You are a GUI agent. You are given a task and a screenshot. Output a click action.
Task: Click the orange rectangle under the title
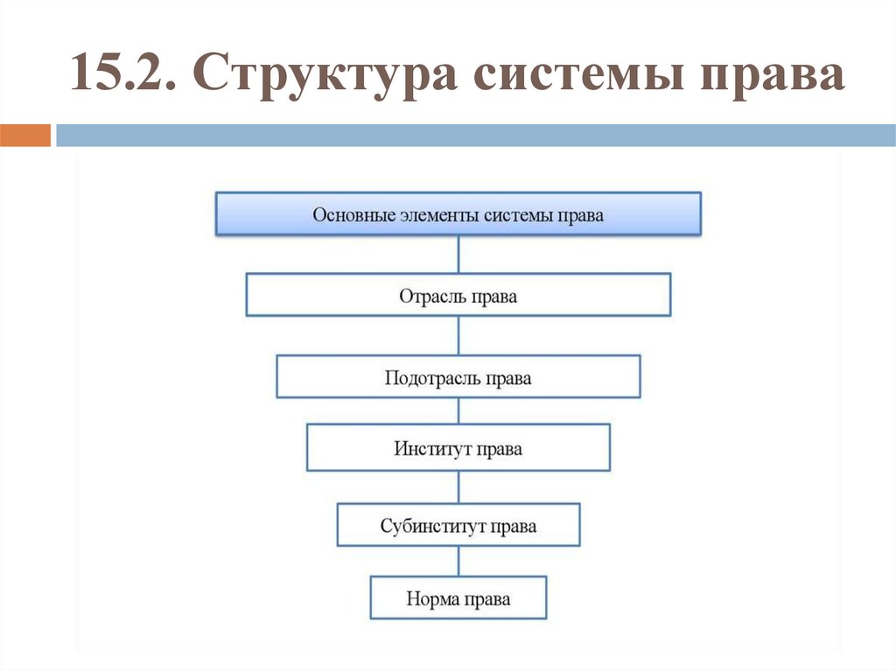pos(25,136)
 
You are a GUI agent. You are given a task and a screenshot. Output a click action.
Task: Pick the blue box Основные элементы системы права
pos(458,214)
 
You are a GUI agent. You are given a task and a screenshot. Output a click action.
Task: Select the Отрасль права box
pos(458,296)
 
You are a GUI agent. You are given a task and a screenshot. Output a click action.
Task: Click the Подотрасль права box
pos(458,378)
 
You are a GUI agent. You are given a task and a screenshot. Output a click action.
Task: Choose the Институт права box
pos(458,449)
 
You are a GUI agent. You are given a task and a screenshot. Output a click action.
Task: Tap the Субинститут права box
pos(458,526)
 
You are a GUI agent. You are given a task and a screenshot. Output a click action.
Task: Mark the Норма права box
pos(458,598)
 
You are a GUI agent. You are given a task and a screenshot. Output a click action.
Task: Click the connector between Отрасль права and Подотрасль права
pos(458,335)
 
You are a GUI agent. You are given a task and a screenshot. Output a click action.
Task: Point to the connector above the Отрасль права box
pos(458,255)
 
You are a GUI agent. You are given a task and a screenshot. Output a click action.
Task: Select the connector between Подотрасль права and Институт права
pos(458,411)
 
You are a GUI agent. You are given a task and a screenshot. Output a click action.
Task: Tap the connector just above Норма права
pos(458,561)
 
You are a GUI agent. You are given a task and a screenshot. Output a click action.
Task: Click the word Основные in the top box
pos(347,214)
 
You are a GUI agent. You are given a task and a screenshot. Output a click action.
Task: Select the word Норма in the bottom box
pos(430,599)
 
